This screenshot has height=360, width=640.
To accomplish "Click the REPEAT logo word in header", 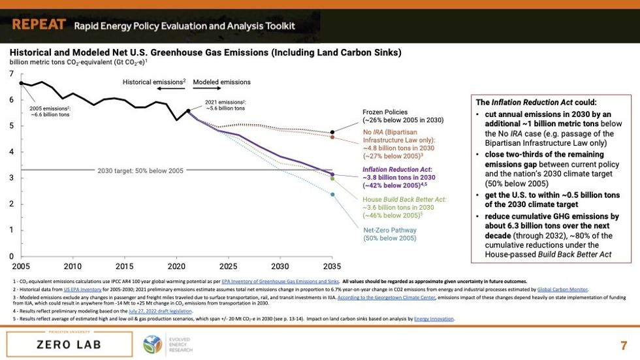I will click(39, 25).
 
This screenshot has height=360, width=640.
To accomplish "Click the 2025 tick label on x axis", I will click(229, 267).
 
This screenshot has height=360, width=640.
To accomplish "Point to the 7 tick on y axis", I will click(12, 74).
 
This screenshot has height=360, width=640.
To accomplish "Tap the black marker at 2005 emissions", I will click(22, 83).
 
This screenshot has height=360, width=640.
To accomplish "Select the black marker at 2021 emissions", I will click(188, 111).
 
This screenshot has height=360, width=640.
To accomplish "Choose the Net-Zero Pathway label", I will click(389, 234).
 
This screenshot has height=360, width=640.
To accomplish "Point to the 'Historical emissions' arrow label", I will click(154, 82).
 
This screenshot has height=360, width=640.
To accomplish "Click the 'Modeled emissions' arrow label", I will click(222, 82).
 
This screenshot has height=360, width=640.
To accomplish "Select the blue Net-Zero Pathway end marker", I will click(332, 194).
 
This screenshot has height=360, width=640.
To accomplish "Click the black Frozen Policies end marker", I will click(332, 133).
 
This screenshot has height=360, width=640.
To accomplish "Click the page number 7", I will click(623, 344).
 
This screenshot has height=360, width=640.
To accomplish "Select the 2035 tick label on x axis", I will click(332, 267).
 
